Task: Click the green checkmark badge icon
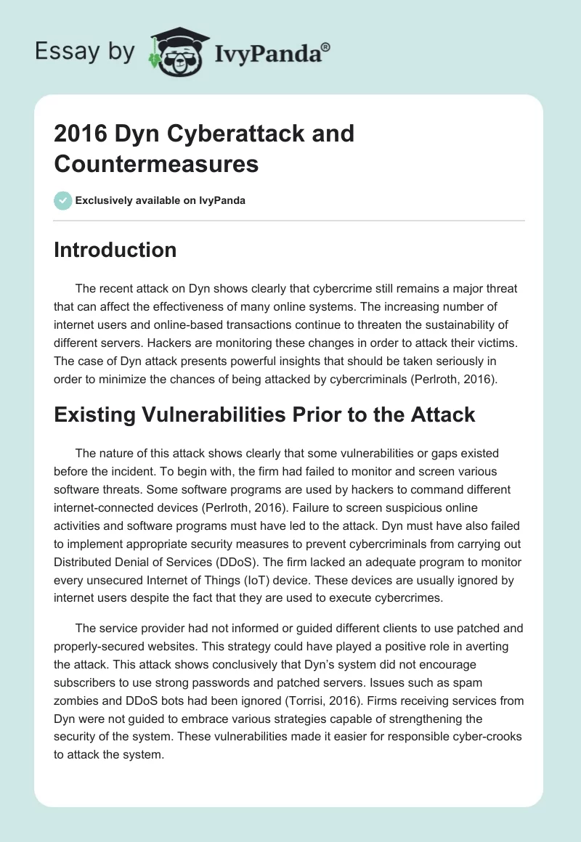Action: click(x=63, y=200)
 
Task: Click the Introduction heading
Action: click(x=115, y=250)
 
